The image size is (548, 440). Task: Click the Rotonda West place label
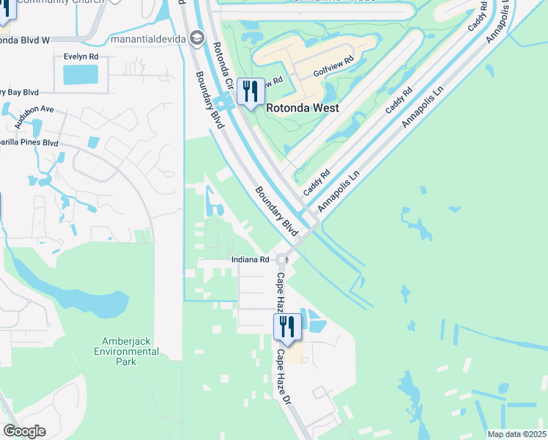pos(302,108)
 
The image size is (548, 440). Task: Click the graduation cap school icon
pos(196,37)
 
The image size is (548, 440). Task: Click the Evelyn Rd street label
pos(81,56)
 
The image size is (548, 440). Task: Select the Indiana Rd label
pos(249,260)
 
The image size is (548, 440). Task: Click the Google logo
pos(24,431)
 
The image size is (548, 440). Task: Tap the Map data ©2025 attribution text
pos(516,434)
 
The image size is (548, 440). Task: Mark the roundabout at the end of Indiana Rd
pos(282,259)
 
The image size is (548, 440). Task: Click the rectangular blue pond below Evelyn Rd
pos(81,74)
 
